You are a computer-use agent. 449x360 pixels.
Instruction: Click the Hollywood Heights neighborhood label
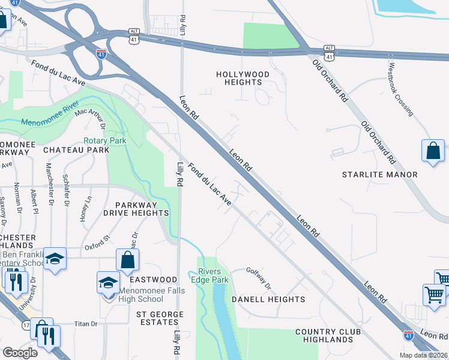click(243, 78)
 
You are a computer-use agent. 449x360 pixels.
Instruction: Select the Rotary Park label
click(104, 141)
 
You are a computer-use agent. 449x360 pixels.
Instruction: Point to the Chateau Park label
click(76, 150)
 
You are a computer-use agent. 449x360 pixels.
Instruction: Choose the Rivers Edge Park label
click(210, 276)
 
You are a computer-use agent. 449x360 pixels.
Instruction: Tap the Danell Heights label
click(268, 299)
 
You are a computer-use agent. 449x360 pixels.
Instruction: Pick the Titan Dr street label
click(86, 324)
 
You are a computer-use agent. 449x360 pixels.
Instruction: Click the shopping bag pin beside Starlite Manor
click(433, 152)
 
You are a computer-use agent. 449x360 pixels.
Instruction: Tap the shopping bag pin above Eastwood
click(127, 260)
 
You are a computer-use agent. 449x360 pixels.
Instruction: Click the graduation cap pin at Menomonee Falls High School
click(108, 282)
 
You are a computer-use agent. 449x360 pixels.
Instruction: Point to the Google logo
click(20, 353)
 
